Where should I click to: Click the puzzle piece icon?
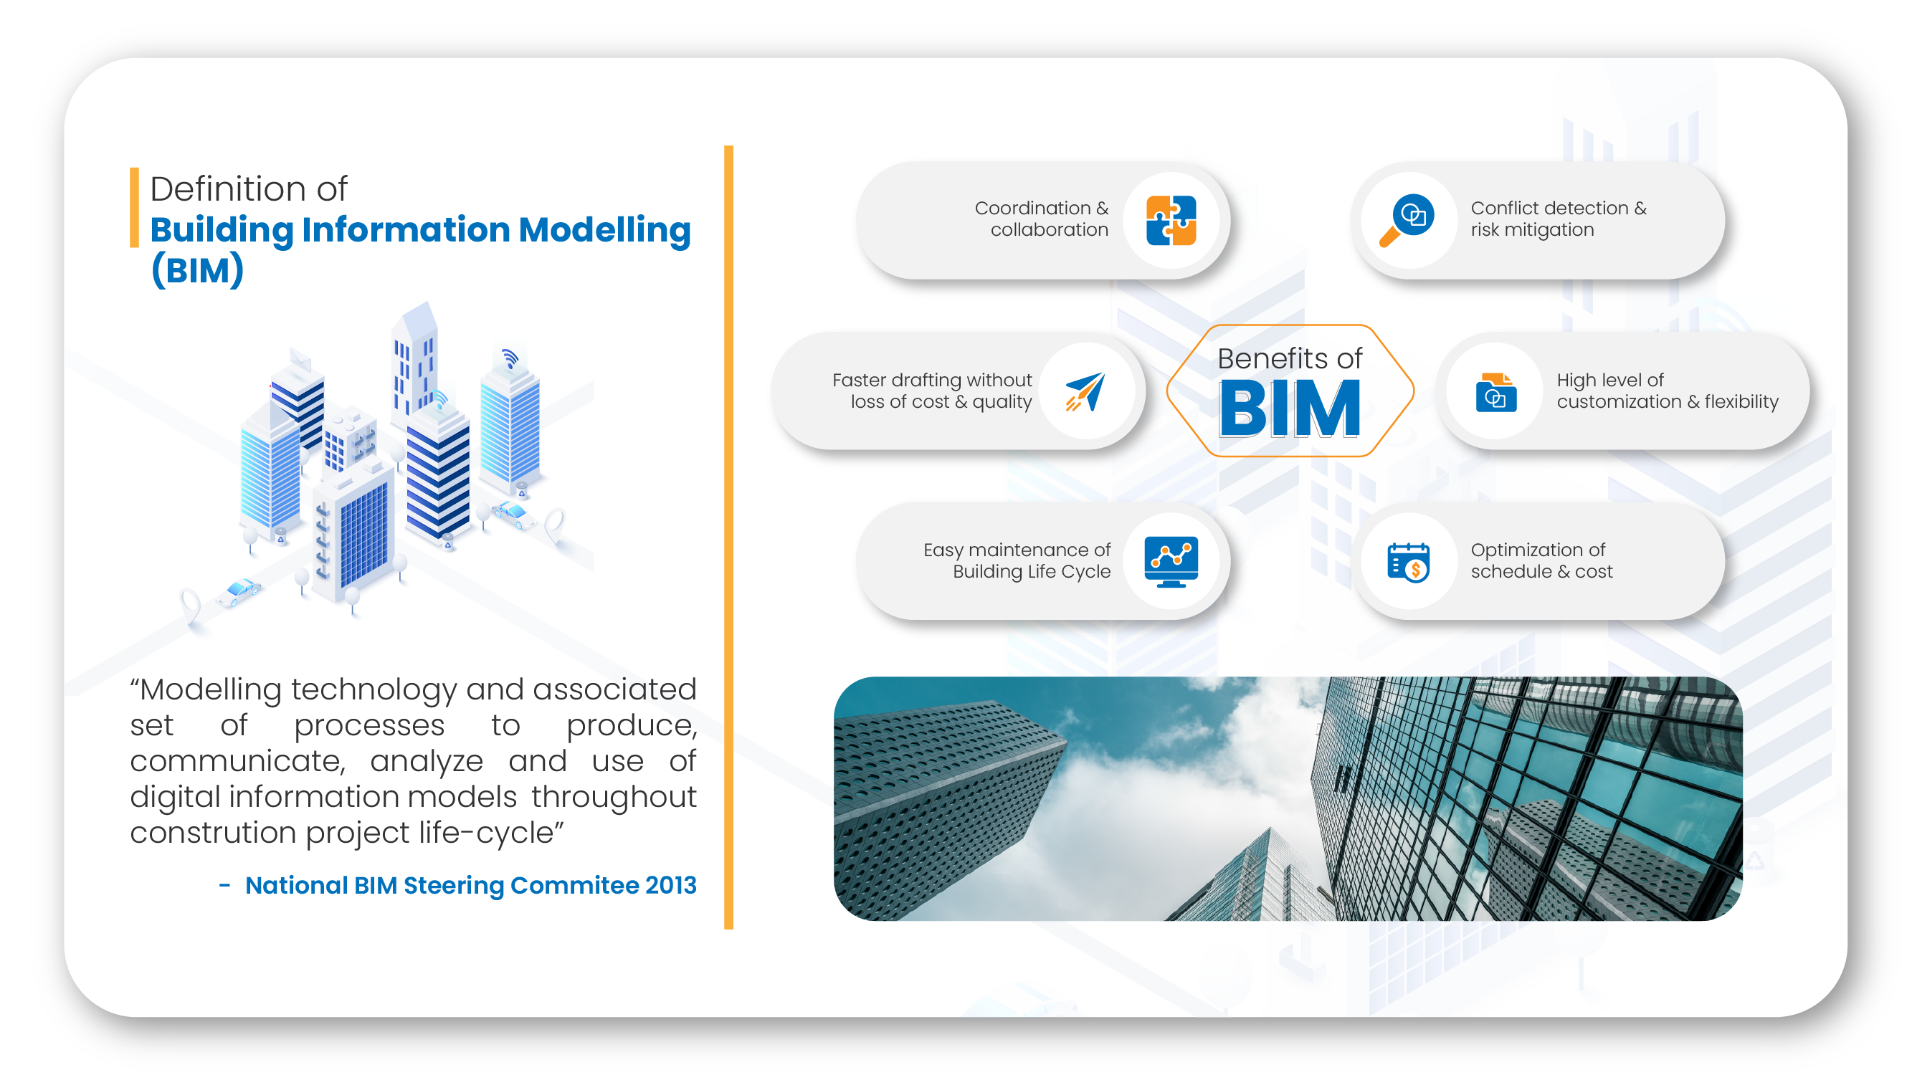coord(1171,219)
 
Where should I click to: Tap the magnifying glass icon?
coord(1406,219)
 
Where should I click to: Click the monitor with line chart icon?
coord(1171,562)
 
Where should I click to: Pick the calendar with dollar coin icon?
coord(1407,562)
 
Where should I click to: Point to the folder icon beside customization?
coord(1495,391)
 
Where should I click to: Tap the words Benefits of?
coord(1289,358)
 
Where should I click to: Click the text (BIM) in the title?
coord(196,269)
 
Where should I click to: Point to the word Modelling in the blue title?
coord(604,230)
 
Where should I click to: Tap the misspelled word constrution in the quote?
coord(213,832)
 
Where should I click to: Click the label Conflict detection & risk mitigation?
coord(1558,219)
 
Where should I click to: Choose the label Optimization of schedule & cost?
coord(1541,561)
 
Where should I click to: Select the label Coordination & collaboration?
coord(1042,219)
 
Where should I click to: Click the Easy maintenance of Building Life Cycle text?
coord(1017,561)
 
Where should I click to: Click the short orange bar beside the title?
coord(134,207)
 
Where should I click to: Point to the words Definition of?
coord(249,188)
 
